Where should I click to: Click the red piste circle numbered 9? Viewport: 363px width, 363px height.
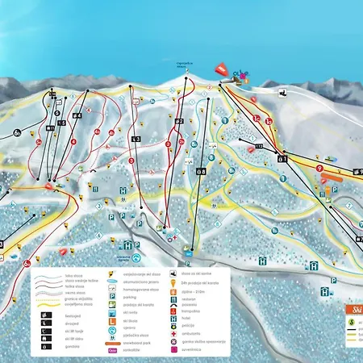pos(319,168)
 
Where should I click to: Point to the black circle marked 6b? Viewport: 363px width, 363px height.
pos(17,133)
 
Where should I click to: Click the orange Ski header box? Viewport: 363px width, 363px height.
pos(352,309)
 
